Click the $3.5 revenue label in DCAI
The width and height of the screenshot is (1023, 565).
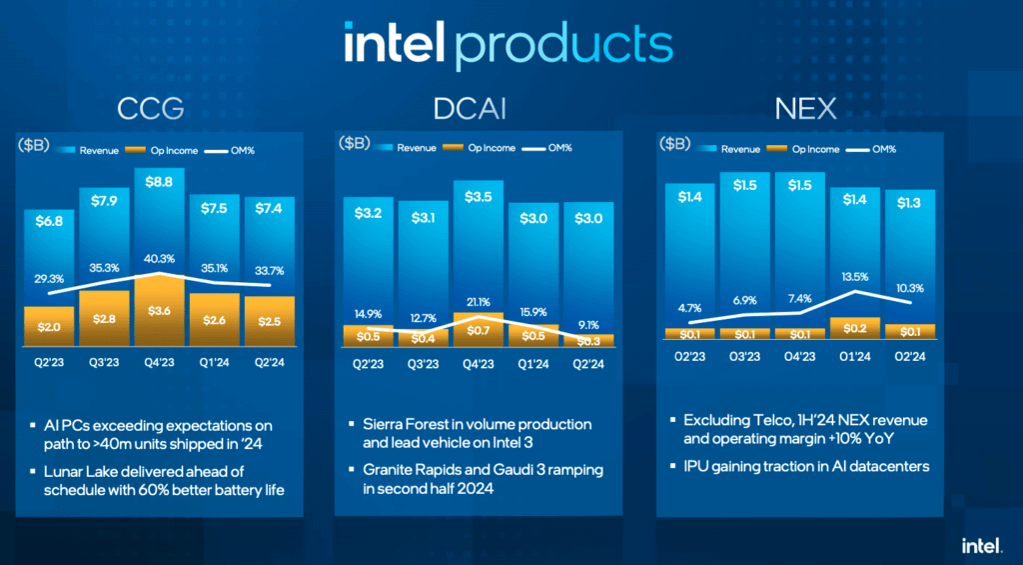pyautogui.click(x=479, y=197)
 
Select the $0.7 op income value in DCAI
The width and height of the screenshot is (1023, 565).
pyautogui.click(x=479, y=329)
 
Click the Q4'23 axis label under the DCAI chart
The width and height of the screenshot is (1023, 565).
pyautogui.click(x=479, y=363)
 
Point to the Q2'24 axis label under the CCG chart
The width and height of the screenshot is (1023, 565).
pyautogui.click(x=269, y=363)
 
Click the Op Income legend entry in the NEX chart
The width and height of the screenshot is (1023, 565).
pyautogui.click(x=815, y=149)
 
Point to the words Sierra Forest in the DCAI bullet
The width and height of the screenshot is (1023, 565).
pyautogui.click(x=409, y=424)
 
